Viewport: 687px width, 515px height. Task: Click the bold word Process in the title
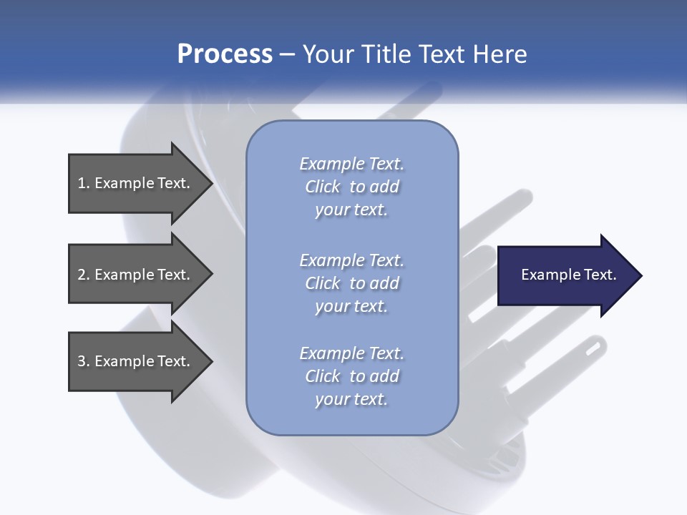coord(225,54)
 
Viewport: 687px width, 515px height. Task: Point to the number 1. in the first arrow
coord(84,183)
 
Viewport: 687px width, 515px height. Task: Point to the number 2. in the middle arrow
coord(84,275)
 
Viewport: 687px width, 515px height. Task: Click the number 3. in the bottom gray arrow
coord(84,361)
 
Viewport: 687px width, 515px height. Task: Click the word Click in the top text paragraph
coord(323,187)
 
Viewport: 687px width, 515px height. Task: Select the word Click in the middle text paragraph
coord(323,283)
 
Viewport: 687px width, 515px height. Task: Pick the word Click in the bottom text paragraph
coord(323,376)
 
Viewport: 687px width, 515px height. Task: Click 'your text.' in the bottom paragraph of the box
coord(351,399)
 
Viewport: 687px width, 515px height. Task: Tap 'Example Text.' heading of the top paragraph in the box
coord(351,164)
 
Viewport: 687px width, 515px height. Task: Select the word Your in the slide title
coord(328,54)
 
